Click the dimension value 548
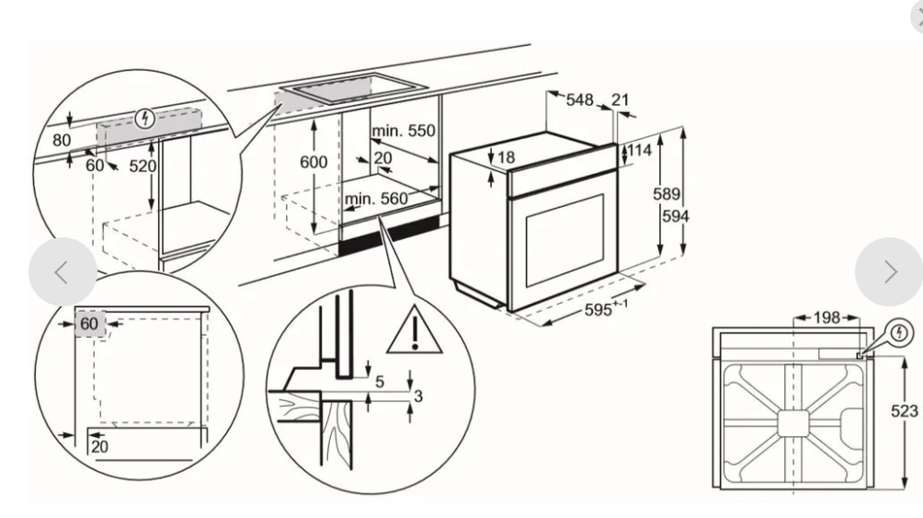[580, 100]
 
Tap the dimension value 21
[621, 100]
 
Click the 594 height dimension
[677, 216]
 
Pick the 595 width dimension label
[603, 310]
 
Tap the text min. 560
[375, 199]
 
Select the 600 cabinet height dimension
[314, 162]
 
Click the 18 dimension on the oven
[506, 158]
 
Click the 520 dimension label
[142, 167]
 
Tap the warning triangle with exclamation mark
[415, 332]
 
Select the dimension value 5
[379, 379]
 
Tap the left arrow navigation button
[62, 271]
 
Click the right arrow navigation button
[888, 271]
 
